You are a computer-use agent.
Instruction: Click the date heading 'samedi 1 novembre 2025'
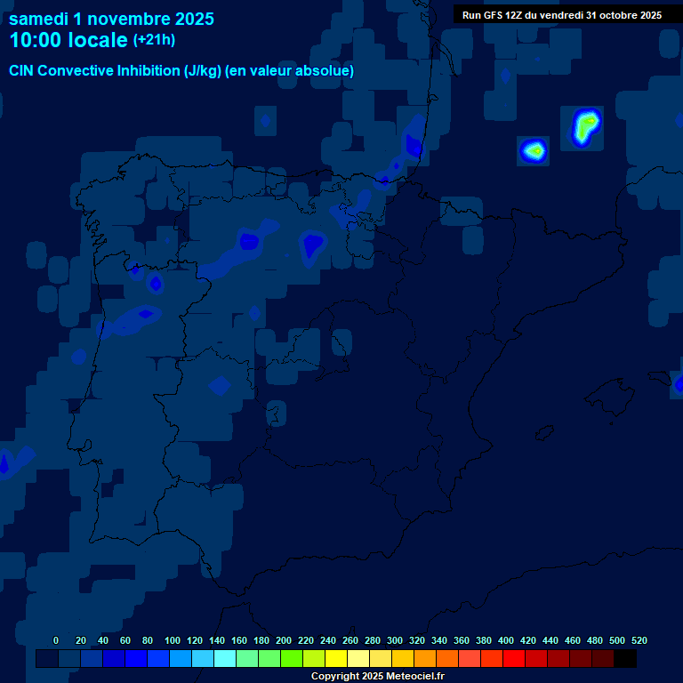(x=111, y=18)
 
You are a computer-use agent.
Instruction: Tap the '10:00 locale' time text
(x=68, y=40)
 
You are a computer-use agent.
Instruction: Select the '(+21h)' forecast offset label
(x=154, y=39)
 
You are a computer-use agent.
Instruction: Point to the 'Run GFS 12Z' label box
(x=561, y=15)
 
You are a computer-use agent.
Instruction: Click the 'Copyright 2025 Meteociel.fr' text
(x=377, y=676)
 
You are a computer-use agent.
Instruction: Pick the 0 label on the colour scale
(x=56, y=640)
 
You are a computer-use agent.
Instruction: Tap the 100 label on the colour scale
(x=173, y=640)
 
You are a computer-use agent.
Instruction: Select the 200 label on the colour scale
(x=284, y=640)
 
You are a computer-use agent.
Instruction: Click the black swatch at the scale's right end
(x=624, y=658)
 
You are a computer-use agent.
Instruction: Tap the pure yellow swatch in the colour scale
(x=335, y=658)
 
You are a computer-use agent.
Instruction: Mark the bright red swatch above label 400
(x=513, y=658)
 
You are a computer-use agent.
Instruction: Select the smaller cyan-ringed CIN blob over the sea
(x=534, y=150)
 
